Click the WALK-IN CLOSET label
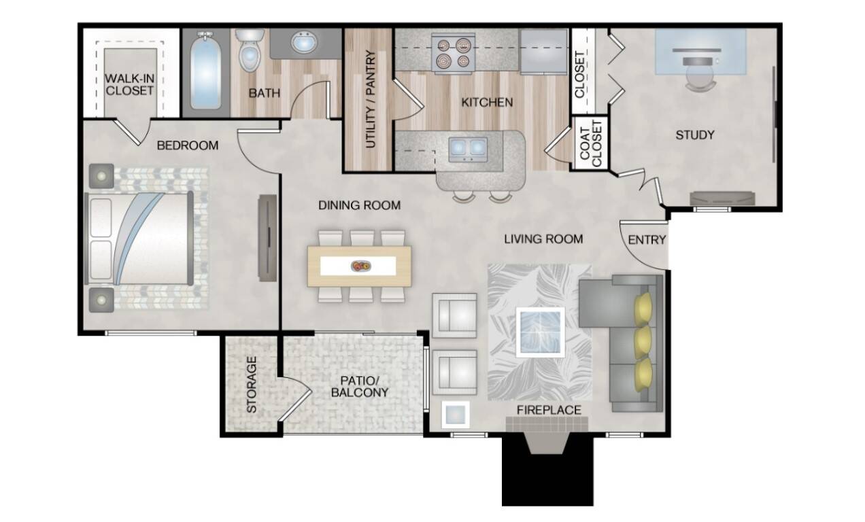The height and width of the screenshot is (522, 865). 130,84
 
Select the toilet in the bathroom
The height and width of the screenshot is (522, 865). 250,50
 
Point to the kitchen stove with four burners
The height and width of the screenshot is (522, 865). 453,53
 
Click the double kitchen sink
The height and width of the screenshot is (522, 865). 468,149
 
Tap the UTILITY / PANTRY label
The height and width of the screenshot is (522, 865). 370,99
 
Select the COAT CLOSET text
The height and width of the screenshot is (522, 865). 591,143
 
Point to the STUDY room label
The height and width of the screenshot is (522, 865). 695,135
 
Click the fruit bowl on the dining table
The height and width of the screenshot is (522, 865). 360,266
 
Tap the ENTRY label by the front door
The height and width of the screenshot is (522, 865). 647,240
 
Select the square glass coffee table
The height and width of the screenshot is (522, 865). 540,332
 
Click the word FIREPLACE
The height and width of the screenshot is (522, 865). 549,410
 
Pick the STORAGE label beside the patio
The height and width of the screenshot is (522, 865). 252,385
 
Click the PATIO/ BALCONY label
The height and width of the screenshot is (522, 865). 360,387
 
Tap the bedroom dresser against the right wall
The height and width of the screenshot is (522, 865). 267,238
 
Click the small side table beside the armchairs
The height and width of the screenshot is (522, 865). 456,415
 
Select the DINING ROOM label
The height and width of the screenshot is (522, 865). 359,205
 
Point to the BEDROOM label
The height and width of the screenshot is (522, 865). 188,145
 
